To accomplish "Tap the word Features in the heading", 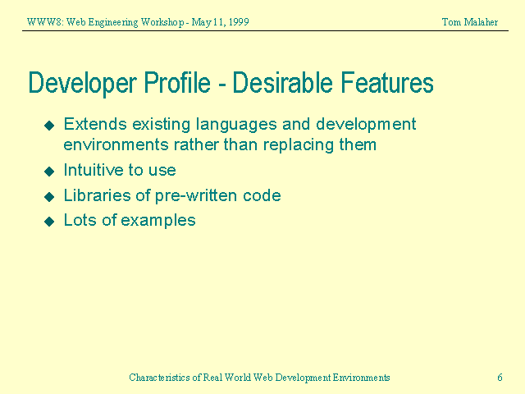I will coord(384,84).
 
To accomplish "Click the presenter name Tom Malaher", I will coord(469,21).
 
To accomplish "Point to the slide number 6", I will coord(500,378).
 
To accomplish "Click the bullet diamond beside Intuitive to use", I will coord(48,172).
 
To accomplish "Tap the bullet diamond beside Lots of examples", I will coord(48,221).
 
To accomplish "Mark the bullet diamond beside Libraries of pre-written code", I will coord(48,196).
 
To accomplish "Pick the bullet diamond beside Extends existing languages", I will coord(48,126).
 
